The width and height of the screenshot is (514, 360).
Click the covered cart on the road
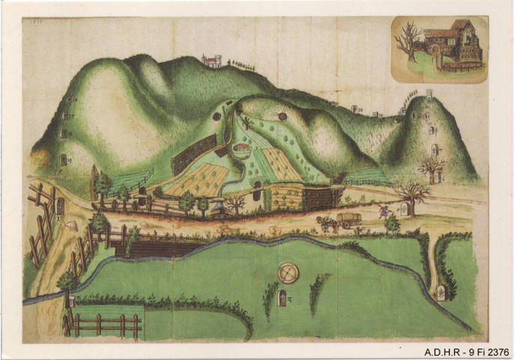pyautogui.click(x=348, y=220)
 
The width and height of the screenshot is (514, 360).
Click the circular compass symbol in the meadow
pyautogui.click(x=288, y=272)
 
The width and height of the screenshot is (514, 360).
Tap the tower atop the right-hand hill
pyautogui.click(x=429, y=94)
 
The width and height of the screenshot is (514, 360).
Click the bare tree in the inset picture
pyautogui.click(x=410, y=40)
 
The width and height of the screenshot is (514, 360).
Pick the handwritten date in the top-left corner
pyautogui.click(x=34, y=22)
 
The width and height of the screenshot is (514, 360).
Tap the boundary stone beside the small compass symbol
pyautogui.click(x=282, y=299)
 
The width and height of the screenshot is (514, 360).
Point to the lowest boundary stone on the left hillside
pyautogui.click(x=63, y=160)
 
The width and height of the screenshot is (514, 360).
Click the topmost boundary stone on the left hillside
pyautogui.click(x=69, y=100)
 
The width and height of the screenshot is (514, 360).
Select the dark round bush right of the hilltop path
pyautogui.click(x=282, y=116)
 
